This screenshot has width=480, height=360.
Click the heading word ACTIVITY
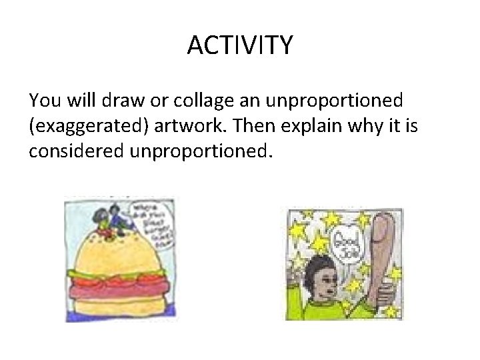coord(240,46)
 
